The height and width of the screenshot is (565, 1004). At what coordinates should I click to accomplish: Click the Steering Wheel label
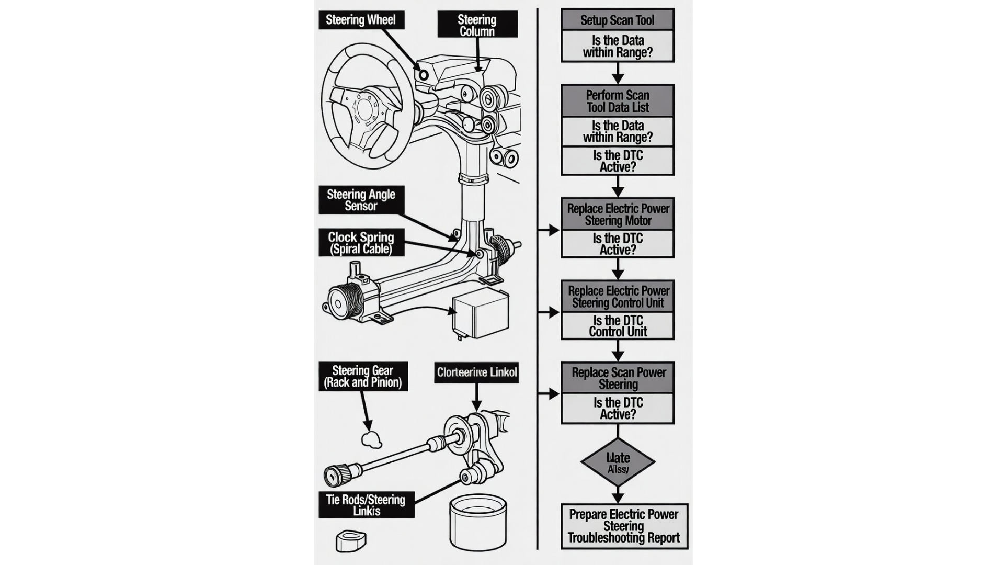pyautogui.click(x=361, y=20)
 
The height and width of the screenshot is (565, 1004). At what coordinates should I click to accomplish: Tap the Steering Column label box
pyautogui.click(x=477, y=25)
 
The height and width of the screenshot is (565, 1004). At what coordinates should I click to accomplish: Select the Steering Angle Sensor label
pyautogui.click(x=361, y=200)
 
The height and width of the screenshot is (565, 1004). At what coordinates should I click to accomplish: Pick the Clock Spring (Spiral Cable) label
pyautogui.click(x=361, y=243)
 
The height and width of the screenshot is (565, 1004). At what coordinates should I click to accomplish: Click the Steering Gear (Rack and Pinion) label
pyautogui.click(x=363, y=377)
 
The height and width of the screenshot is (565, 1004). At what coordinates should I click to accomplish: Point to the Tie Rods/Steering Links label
pyautogui.click(x=366, y=505)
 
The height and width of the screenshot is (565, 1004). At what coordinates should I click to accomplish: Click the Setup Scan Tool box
pyautogui.click(x=617, y=20)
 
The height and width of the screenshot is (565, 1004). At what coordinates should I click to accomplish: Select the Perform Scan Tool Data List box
pyautogui.click(x=617, y=101)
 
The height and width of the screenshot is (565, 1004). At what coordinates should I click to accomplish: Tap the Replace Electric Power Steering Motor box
pyautogui.click(x=618, y=214)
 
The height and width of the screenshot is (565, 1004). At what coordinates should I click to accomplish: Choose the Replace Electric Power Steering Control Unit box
pyautogui.click(x=618, y=297)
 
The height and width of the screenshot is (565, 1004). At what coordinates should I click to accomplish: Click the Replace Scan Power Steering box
pyautogui.click(x=618, y=378)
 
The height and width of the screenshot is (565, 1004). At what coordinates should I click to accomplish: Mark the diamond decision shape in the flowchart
pyautogui.click(x=618, y=462)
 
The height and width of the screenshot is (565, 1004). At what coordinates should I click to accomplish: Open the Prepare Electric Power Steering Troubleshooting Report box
pyautogui.click(x=624, y=526)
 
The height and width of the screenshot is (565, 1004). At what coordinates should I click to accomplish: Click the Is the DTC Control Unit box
pyautogui.click(x=618, y=326)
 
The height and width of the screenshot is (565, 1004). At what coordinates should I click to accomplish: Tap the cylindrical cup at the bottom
pyautogui.click(x=478, y=522)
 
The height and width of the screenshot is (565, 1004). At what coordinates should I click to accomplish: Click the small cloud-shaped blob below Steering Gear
pyautogui.click(x=371, y=439)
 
